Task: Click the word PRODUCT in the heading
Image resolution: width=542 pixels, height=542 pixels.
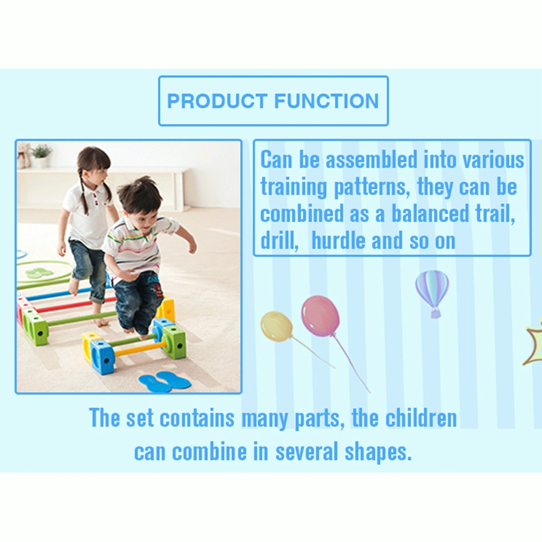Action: (x=217, y=101)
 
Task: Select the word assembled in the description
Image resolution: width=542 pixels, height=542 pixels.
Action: (x=372, y=160)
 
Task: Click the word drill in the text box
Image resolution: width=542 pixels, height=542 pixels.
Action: (x=280, y=241)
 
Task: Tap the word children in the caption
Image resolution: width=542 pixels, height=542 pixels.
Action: (x=421, y=418)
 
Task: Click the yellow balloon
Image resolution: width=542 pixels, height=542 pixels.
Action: (x=276, y=326)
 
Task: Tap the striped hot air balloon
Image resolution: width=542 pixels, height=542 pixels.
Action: (x=432, y=290)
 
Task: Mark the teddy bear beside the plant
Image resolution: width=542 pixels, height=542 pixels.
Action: (x=23, y=155)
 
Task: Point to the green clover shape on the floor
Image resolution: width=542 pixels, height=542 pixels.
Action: (x=40, y=273)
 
